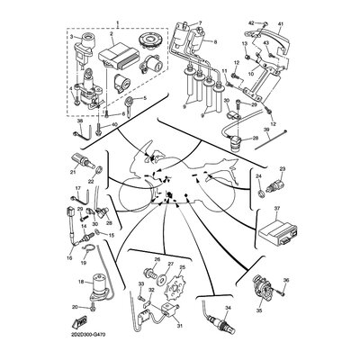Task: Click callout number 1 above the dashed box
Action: click(x=116, y=18)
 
